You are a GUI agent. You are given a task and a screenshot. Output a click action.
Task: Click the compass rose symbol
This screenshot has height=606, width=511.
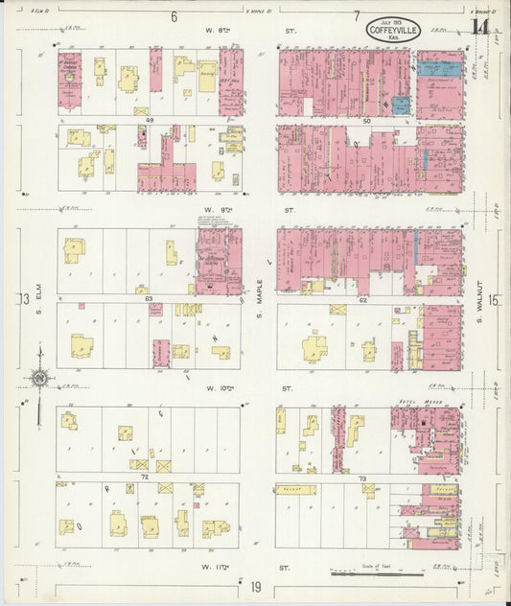tap(38, 380)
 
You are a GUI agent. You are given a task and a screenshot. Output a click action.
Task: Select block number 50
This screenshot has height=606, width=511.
tap(366, 121)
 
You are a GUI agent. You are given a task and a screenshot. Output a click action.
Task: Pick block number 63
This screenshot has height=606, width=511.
tap(150, 299)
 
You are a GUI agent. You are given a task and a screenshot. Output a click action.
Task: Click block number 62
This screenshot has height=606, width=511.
tap(364, 299)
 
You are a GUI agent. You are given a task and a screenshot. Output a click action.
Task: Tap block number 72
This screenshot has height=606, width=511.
tap(145, 476)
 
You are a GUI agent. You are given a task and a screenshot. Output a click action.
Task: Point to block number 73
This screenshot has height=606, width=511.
tap(362, 477)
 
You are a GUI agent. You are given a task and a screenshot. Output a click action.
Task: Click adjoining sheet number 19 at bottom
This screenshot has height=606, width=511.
tap(257, 586)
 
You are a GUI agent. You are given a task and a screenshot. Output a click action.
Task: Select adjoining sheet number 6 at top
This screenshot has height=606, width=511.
tap(174, 16)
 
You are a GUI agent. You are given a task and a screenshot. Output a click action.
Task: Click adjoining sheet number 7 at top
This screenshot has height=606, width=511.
tap(356, 16)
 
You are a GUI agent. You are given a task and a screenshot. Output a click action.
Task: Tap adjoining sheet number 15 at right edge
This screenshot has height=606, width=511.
tap(493, 300)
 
